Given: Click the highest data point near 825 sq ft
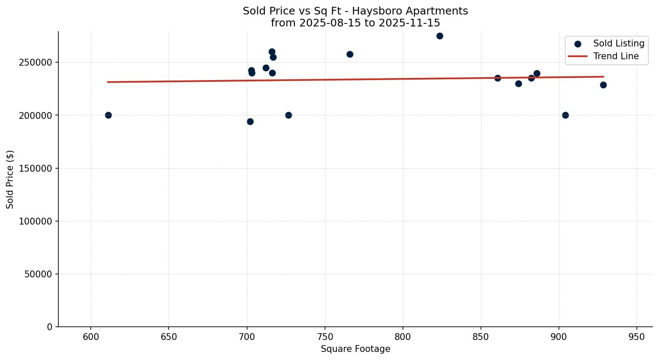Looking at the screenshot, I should (440, 36).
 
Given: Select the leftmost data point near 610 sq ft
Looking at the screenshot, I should (108, 115).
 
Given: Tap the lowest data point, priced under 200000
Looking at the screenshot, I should (250, 121).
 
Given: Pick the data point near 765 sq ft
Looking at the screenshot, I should (350, 54).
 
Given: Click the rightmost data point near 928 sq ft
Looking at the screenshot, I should (603, 85).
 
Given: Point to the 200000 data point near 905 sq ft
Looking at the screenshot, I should (565, 115).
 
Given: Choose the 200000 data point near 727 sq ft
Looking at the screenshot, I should (288, 115).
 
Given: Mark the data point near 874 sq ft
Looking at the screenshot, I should (518, 84).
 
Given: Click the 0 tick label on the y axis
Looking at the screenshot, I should (49, 327).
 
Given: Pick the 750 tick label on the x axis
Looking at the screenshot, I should (325, 337).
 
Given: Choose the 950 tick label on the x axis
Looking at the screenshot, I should (637, 337).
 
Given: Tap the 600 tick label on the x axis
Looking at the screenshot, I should (91, 337).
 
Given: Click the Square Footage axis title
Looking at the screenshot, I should (355, 349).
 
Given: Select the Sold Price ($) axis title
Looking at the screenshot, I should (10, 179).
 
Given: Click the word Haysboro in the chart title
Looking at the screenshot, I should (372, 11).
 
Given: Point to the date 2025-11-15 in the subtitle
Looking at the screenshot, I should (409, 23).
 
